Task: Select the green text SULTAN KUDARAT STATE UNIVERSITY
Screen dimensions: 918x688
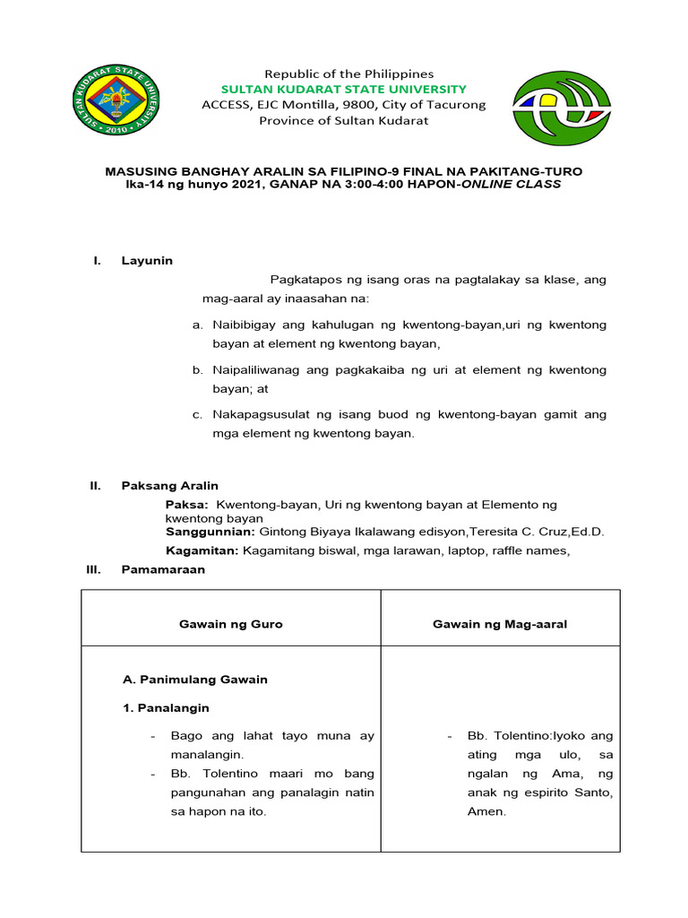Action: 345,89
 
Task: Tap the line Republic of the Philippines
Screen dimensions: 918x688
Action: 345,74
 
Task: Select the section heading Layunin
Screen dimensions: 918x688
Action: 147,261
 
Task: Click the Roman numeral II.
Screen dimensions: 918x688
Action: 95,485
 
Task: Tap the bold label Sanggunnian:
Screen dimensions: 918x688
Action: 204,531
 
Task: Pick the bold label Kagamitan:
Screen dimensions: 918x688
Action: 202,550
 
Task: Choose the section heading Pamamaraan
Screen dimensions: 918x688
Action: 163,569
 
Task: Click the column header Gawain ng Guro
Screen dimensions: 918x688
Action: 230,624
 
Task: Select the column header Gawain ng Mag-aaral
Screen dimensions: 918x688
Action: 500,624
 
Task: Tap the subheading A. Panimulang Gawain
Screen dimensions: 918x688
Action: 194,680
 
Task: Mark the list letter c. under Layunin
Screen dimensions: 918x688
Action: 197,414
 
